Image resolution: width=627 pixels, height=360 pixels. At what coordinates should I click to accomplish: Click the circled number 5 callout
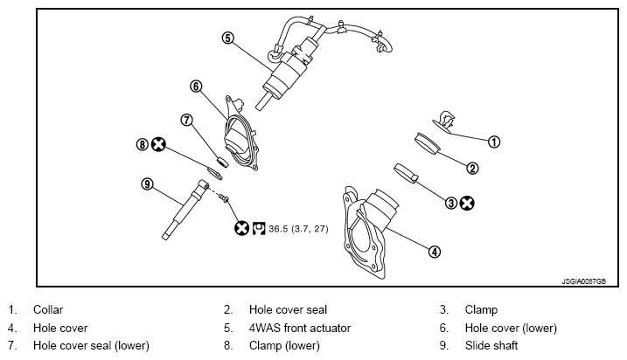(x=227, y=38)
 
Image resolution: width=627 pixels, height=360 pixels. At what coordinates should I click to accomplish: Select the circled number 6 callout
(x=196, y=87)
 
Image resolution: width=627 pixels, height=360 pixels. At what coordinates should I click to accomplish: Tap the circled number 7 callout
(x=187, y=120)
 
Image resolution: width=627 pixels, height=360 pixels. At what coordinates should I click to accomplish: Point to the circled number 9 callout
(x=148, y=184)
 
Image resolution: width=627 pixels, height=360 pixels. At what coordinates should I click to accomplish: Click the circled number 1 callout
(x=494, y=142)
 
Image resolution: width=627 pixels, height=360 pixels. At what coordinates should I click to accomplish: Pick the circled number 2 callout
(x=472, y=169)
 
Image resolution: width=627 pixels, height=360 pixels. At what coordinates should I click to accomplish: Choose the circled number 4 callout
(x=435, y=252)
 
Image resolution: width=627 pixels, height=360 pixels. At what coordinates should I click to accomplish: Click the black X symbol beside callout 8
(x=158, y=144)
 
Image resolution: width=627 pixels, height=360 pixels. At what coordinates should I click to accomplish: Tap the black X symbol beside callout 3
(x=467, y=203)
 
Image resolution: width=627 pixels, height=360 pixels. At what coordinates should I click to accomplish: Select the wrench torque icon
(x=259, y=228)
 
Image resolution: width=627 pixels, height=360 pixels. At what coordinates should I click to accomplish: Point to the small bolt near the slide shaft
(x=224, y=197)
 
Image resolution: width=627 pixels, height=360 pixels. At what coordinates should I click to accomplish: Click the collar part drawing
(x=444, y=121)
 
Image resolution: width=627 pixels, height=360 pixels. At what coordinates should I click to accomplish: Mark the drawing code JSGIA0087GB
(x=583, y=281)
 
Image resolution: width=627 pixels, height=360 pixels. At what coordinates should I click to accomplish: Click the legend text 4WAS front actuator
(x=300, y=328)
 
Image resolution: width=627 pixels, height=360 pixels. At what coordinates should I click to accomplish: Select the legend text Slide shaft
(x=491, y=345)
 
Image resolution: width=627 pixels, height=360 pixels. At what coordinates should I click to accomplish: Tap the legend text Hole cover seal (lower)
(x=91, y=346)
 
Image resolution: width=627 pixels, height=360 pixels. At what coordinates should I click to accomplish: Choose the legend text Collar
(x=48, y=309)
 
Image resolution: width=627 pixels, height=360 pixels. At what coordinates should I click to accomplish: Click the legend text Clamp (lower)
(x=284, y=346)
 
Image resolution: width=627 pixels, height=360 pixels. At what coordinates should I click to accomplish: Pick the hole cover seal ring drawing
(x=427, y=143)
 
